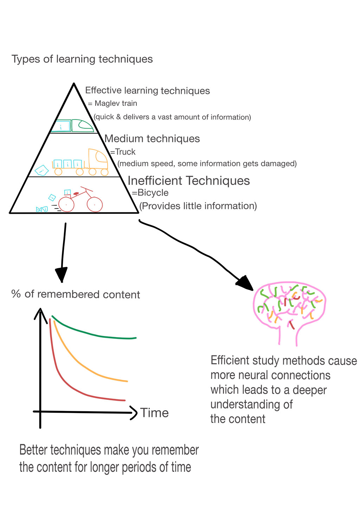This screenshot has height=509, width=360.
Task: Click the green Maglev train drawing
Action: [x=74, y=126]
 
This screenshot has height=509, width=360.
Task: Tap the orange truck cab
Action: [x=98, y=160]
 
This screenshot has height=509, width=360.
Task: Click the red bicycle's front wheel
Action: [x=95, y=205]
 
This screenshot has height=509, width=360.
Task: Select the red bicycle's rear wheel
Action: [x=66, y=204]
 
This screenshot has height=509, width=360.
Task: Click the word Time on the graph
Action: [x=154, y=413]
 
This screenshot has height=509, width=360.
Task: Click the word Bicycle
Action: [x=153, y=193]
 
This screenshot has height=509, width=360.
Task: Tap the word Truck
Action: [x=125, y=152]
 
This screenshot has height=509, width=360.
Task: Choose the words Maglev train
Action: [x=116, y=103]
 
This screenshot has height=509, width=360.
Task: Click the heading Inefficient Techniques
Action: [x=188, y=181]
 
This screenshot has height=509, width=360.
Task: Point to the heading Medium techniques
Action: [x=152, y=138]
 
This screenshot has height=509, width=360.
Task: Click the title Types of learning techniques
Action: [x=82, y=59]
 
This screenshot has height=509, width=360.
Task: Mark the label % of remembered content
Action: [x=76, y=294]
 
